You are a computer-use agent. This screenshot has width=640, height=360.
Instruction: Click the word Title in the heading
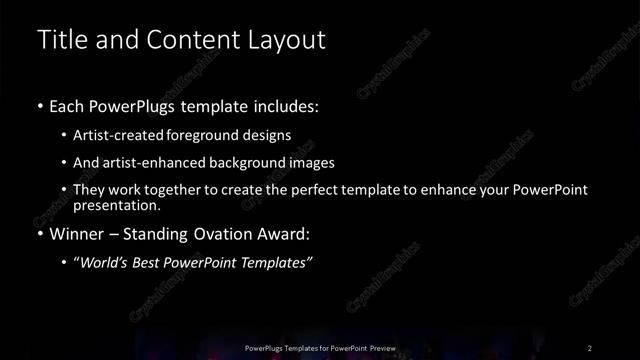pyautogui.click(x=60, y=40)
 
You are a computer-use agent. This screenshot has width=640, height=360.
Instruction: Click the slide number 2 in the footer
pyautogui.click(x=590, y=347)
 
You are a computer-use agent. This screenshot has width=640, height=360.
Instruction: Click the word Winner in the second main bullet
pyautogui.click(x=78, y=235)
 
